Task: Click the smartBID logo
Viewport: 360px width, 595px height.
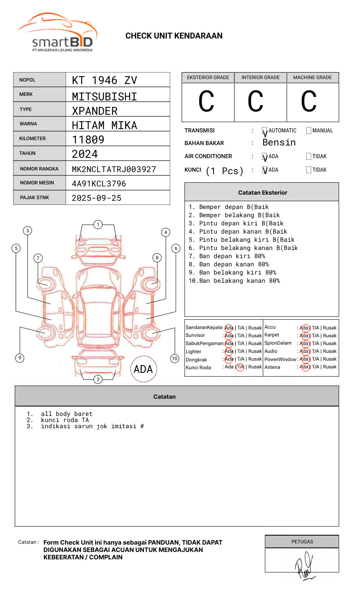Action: pos(57,33)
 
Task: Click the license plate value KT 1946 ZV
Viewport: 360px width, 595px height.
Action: pos(105,80)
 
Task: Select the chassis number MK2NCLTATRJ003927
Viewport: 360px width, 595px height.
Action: pos(114,169)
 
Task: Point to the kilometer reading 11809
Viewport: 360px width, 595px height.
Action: pos(88,140)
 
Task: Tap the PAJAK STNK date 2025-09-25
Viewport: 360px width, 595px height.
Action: pos(97,198)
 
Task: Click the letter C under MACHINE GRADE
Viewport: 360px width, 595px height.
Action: pos(309,102)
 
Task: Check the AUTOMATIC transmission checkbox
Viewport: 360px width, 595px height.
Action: pos(265,131)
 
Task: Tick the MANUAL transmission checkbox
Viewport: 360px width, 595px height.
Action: pos(309,131)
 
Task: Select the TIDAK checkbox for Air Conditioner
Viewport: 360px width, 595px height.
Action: pos(309,157)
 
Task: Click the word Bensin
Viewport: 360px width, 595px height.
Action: pos(279,143)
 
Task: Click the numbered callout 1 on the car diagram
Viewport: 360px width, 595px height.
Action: pos(98,225)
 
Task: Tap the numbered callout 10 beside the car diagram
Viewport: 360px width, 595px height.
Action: pos(175,359)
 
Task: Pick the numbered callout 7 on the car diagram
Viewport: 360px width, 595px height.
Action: pos(38,258)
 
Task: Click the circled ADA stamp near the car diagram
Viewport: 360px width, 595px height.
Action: pos(143,369)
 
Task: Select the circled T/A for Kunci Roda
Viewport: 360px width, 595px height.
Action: pos(240,367)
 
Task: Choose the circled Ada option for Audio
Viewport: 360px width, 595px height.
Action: pos(304,351)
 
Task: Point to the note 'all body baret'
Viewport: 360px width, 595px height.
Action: pos(66,414)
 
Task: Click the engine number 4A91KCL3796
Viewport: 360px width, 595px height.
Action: pos(99,184)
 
